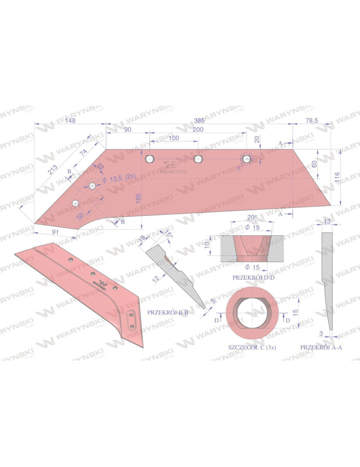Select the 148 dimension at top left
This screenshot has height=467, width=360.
coord(70,120)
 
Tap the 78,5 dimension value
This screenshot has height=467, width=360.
coord(311,120)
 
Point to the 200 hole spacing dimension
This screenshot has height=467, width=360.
coord(197,129)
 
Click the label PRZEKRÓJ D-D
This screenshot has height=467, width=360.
coord(252,277)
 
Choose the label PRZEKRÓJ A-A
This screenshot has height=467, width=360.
coord(321,347)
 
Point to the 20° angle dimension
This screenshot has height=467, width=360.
coord(252,218)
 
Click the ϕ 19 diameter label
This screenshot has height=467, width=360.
coord(252,227)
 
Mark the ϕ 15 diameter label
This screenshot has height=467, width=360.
coord(252,267)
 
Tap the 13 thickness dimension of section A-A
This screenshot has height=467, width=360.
coord(326,221)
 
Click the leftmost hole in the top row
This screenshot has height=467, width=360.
coord(150,159)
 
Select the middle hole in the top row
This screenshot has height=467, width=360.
coord(198,159)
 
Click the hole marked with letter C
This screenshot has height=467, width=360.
coord(247,159)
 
